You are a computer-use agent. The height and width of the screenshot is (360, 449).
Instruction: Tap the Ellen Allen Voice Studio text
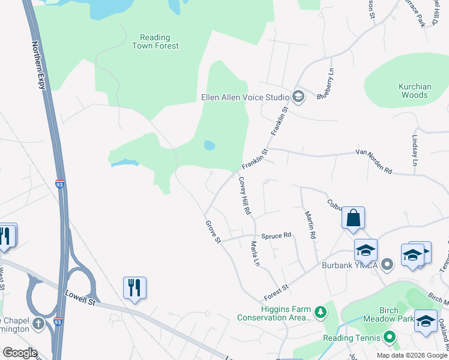(244, 97)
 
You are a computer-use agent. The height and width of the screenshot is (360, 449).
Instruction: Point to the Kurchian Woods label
(415, 91)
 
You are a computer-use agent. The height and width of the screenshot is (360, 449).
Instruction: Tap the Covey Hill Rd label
(244, 196)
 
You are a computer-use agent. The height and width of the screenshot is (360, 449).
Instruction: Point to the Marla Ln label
(255, 254)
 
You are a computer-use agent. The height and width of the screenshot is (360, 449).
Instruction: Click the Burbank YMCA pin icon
(388, 263)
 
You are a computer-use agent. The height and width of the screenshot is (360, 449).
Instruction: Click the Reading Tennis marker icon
(388, 337)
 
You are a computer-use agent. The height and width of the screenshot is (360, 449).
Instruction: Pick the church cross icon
(39, 325)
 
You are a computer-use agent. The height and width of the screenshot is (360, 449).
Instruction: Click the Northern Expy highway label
(39, 65)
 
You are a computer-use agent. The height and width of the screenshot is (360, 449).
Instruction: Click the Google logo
(19, 353)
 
